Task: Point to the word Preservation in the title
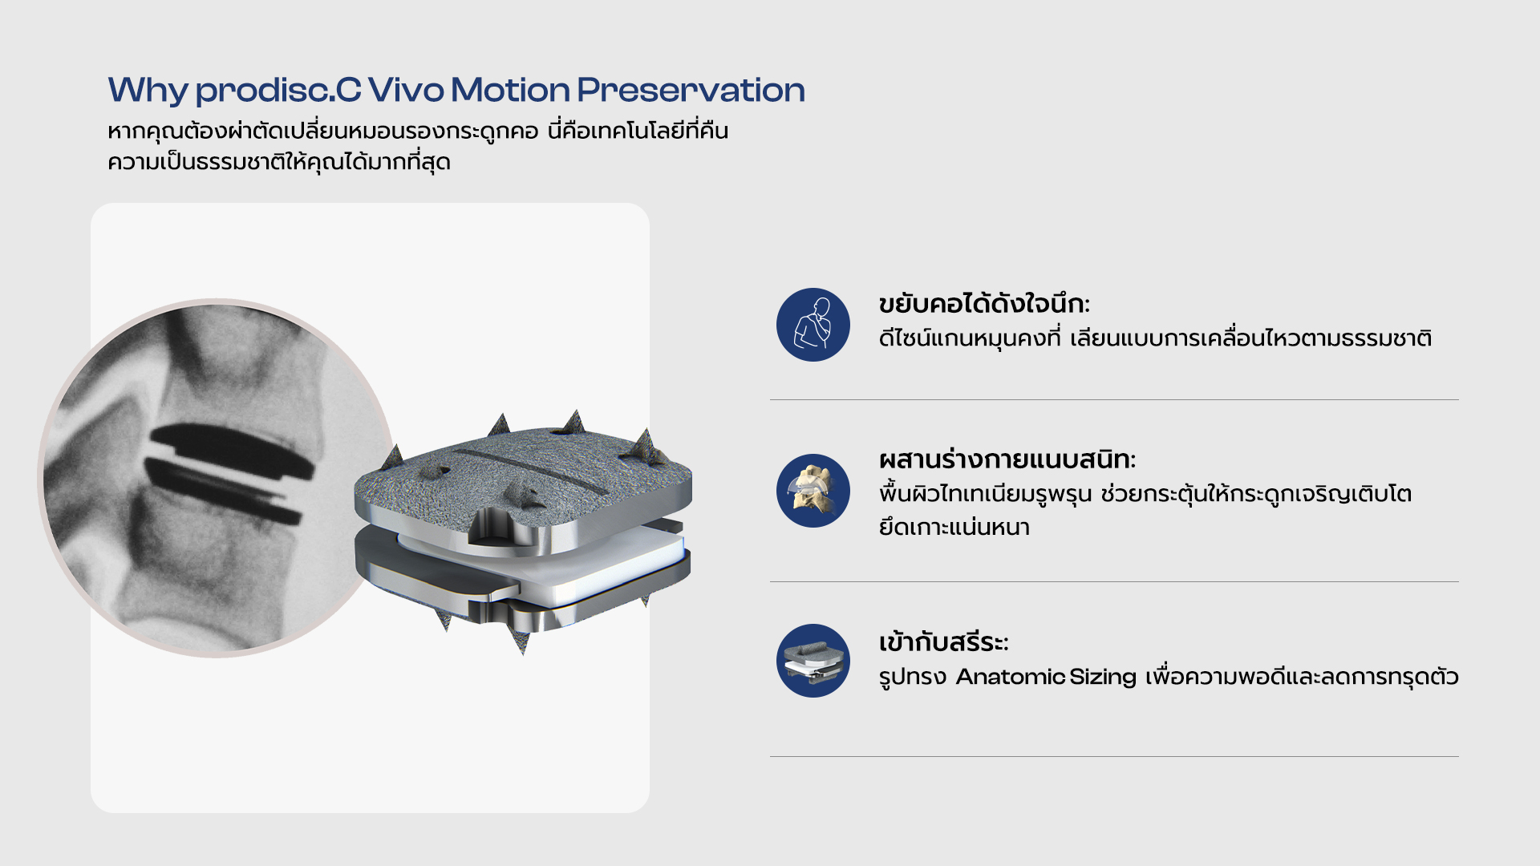tap(691, 90)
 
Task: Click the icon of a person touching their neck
tap(813, 325)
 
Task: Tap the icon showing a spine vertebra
tap(813, 491)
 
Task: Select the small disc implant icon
tap(813, 661)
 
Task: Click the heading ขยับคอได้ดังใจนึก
tap(984, 304)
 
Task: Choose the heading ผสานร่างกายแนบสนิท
tap(1007, 459)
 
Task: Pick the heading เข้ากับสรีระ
tap(943, 641)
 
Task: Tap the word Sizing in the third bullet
tap(1103, 678)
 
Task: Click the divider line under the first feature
tap(1114, 399)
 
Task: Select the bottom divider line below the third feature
tap(1114, 756)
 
